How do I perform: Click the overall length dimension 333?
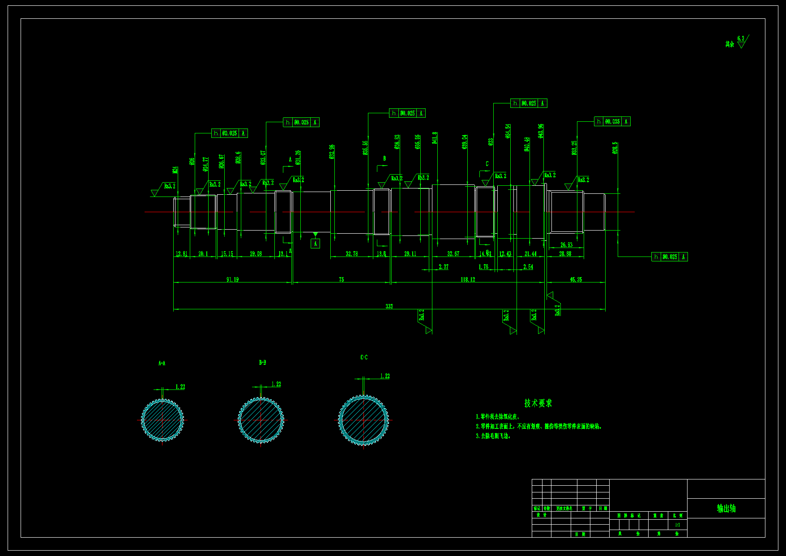point(389,306)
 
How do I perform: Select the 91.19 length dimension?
point(232,279)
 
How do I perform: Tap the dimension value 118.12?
point(468,279)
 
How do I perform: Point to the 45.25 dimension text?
point(576,279)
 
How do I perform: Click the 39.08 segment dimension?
point(256,254)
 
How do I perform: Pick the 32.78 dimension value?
point(352,254)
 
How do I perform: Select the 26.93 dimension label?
point(566,245)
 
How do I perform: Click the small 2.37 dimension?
point(443,267)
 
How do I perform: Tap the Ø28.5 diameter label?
point(615,148)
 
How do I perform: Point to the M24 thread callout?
point(175,170)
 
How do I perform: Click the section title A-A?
point(162,363)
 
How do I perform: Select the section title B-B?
point(262,362)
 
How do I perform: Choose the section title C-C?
point(364,357)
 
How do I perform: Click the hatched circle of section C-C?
point(363,420)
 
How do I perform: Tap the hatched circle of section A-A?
point(162,420)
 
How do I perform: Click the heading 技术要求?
point(538,403)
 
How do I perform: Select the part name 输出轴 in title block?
point(726,508)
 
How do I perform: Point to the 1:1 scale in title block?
point(677,525)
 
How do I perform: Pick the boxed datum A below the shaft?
point(315,244)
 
